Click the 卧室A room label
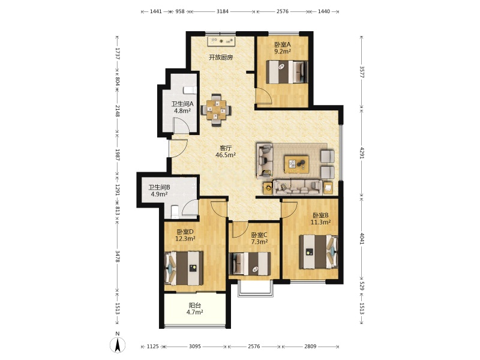(282, 44)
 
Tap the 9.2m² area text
(282, 52)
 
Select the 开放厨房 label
(221, 57)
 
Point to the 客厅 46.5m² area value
(226, 155)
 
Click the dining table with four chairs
(216, 110)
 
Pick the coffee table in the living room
(296, 164)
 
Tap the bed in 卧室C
(250, 263)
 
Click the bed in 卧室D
(184, 268)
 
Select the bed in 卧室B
(319, 251)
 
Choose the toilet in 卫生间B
(175, 212)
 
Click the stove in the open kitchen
(221, 41)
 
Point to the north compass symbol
(118, 343)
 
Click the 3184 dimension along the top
(223, 11)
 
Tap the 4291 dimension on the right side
(362, 153)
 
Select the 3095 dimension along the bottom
(194, 346)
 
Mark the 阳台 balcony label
(194, 305)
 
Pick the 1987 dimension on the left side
(117, 155)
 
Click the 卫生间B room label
(159, 187)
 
